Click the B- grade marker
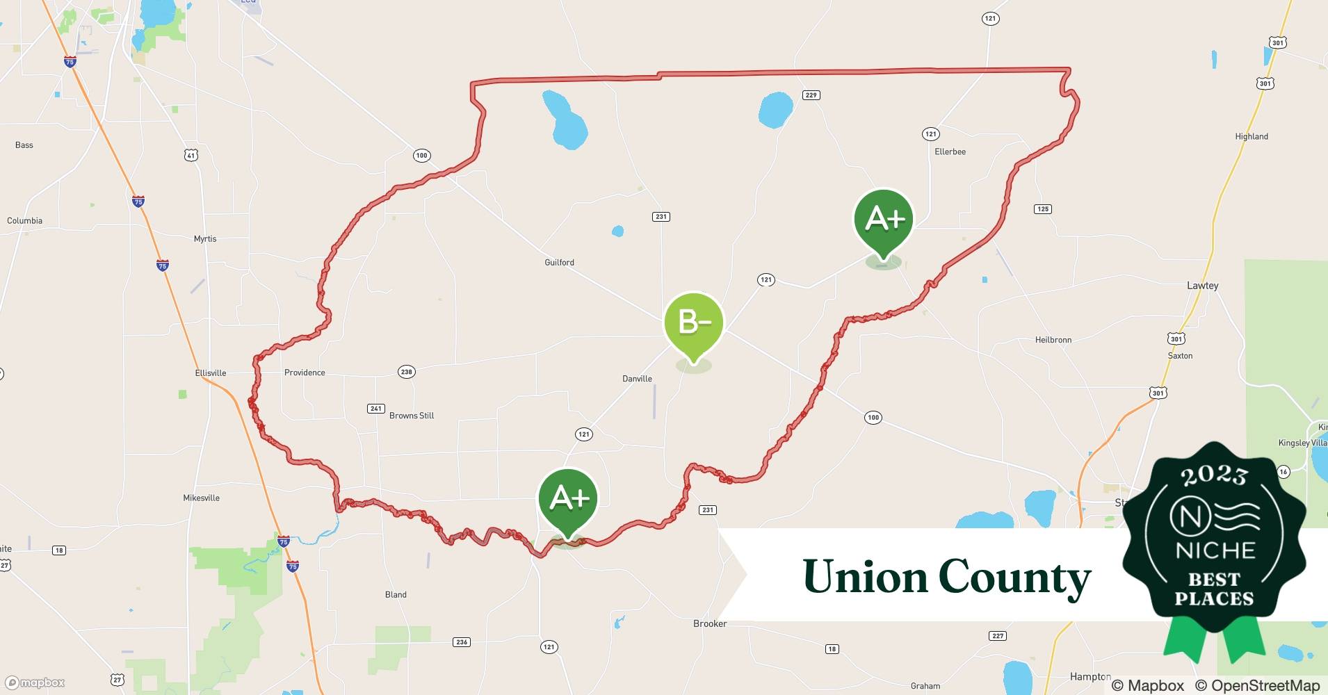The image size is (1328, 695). pyautogui.click(x=694, y=323)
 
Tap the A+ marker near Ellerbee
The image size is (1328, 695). pyautogui.click(x=883, y=220)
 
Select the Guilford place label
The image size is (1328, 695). pyautogui.click(x=559, y=262)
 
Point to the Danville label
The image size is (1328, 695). pyautogui.click(x=637, y=379)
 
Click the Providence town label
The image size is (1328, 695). pyautogui.click(x=305, y=373)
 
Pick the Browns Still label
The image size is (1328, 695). pyautogui.click(x=412, y=416)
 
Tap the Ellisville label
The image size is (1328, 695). pyautogui.click(x=211, y=373)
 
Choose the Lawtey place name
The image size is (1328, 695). pyautogui.click(x=1202, y=286)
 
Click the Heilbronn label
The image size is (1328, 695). pyautogui.click(x=1053, y=340)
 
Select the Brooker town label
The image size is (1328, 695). pyautogui.click(x=710, y=623)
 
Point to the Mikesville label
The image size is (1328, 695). pyautogui.click(x=201, y=498)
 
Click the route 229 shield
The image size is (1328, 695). pyautogui.click(x=811, y=95)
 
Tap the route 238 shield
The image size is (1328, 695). pyautogui.click(x=406, y=372)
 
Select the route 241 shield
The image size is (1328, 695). pyautogui.click(x=376, y=408)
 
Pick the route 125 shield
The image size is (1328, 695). pyautogui.click(x=1042, y=209)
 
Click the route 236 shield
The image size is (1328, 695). pyautogui.click(x=462, y=641)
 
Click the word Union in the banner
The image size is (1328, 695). pyautogui.click(x=865, y=577)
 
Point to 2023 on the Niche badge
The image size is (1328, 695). pyautogui.click(x=1214, y=475)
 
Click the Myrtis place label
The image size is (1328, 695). pyautogui.click(x=205, y=238)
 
